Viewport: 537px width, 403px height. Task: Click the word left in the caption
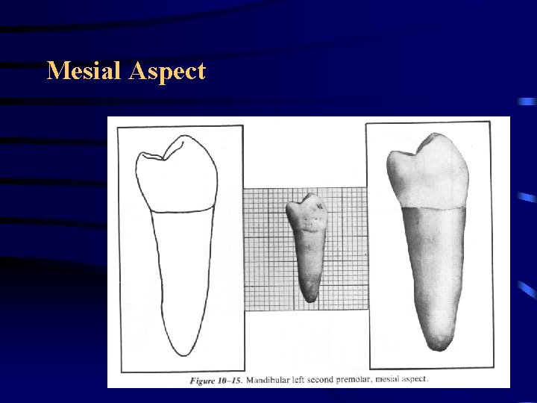pyautogui.click(x=307, y=379)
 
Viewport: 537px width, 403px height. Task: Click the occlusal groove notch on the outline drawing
pyautogui.click(x=164, y=157)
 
